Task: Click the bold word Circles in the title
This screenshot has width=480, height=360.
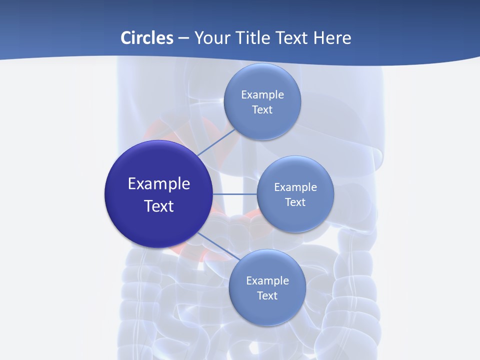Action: [x=147, y=38]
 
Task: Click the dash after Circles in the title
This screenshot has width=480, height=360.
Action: [x=183, y=38]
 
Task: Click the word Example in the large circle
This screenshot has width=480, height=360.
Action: [x=159, y=184]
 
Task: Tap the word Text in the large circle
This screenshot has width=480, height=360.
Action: [x=159, y=206]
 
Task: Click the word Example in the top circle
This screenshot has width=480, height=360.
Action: [x=262, y=94]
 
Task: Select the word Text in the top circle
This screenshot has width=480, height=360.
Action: [x=262, y=109]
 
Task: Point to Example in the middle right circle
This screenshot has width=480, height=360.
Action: [x=295, y=187]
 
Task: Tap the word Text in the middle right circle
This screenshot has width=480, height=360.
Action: [x=295, y=202]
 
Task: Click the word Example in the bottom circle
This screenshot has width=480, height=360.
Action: [x=267, y=280]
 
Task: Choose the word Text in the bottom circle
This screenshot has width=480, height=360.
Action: [x=267, y=295]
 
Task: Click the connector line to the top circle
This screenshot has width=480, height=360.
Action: [x=216, y=142]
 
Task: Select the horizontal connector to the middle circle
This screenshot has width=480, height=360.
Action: [x=234, y=194]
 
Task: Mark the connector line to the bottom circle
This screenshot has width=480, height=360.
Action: [x=218, y=246]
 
